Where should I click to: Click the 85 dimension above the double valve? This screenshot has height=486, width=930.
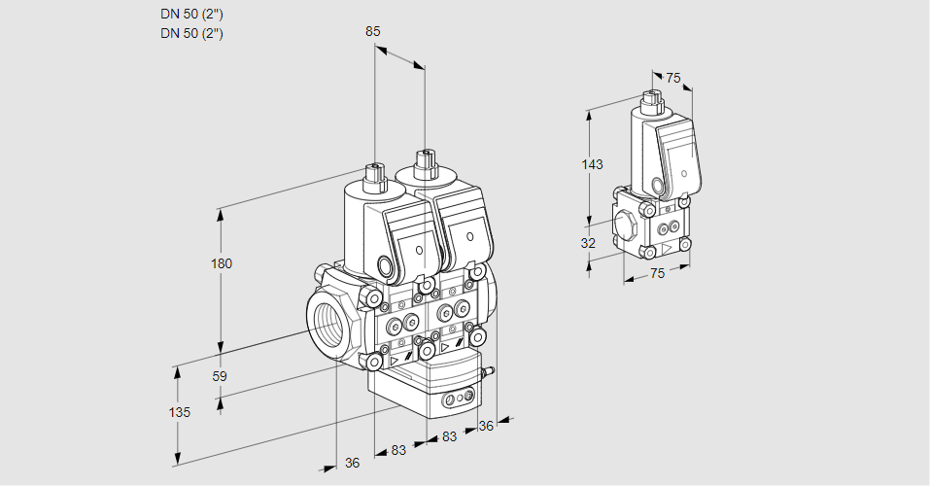[372, 31]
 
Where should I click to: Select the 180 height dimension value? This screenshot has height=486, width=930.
[223, 264]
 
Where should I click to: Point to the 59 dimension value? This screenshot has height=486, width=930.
[220, 376]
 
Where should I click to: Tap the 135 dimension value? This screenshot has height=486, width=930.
[179, 412]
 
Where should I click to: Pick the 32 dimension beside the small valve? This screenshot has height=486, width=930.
[588, 243]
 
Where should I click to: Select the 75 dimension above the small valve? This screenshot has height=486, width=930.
[673, 78]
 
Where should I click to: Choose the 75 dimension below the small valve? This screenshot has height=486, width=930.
[657, 274]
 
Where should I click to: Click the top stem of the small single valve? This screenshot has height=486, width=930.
[651, 98]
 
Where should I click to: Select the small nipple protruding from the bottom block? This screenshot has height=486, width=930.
[490, 370]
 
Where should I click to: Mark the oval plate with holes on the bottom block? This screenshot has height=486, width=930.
[457, 399]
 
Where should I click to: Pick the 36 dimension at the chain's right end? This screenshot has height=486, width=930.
[486, 425]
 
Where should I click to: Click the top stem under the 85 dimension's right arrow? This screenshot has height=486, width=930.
[424, 160]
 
